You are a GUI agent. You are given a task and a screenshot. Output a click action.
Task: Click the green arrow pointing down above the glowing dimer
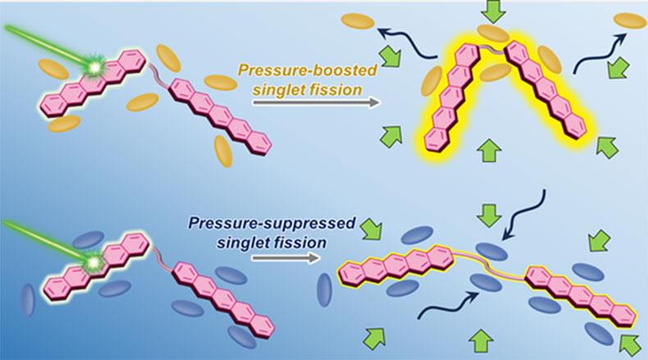pos(496,12)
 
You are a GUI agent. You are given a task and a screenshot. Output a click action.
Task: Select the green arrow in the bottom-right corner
pos(628,339)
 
